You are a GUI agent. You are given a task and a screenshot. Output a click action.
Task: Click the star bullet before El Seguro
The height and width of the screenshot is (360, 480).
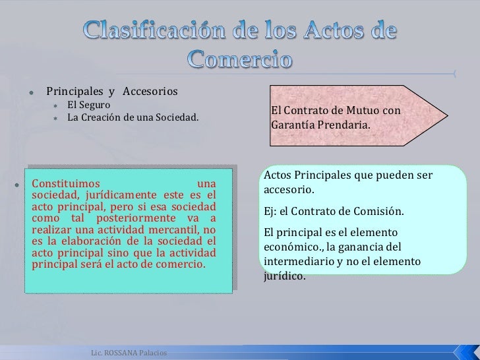[57, 105]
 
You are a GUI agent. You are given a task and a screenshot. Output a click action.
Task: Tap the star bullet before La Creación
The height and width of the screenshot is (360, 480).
[57, 119]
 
